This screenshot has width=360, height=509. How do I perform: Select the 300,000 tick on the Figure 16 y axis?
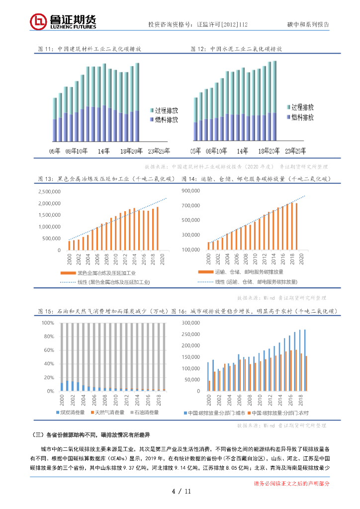point(191,323)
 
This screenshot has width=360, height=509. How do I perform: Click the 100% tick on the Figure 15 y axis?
point(48,323)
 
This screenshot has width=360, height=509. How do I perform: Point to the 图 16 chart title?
point(255,311)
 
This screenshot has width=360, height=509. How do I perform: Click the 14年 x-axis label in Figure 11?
point(103,151)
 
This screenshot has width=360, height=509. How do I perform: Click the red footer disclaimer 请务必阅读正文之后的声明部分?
point(291,483)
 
